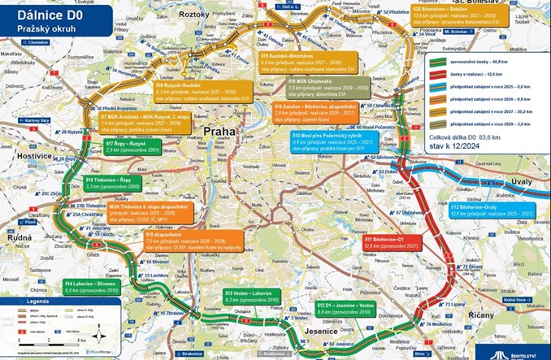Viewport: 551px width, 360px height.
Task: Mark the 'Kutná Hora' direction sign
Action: coord(524,300)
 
